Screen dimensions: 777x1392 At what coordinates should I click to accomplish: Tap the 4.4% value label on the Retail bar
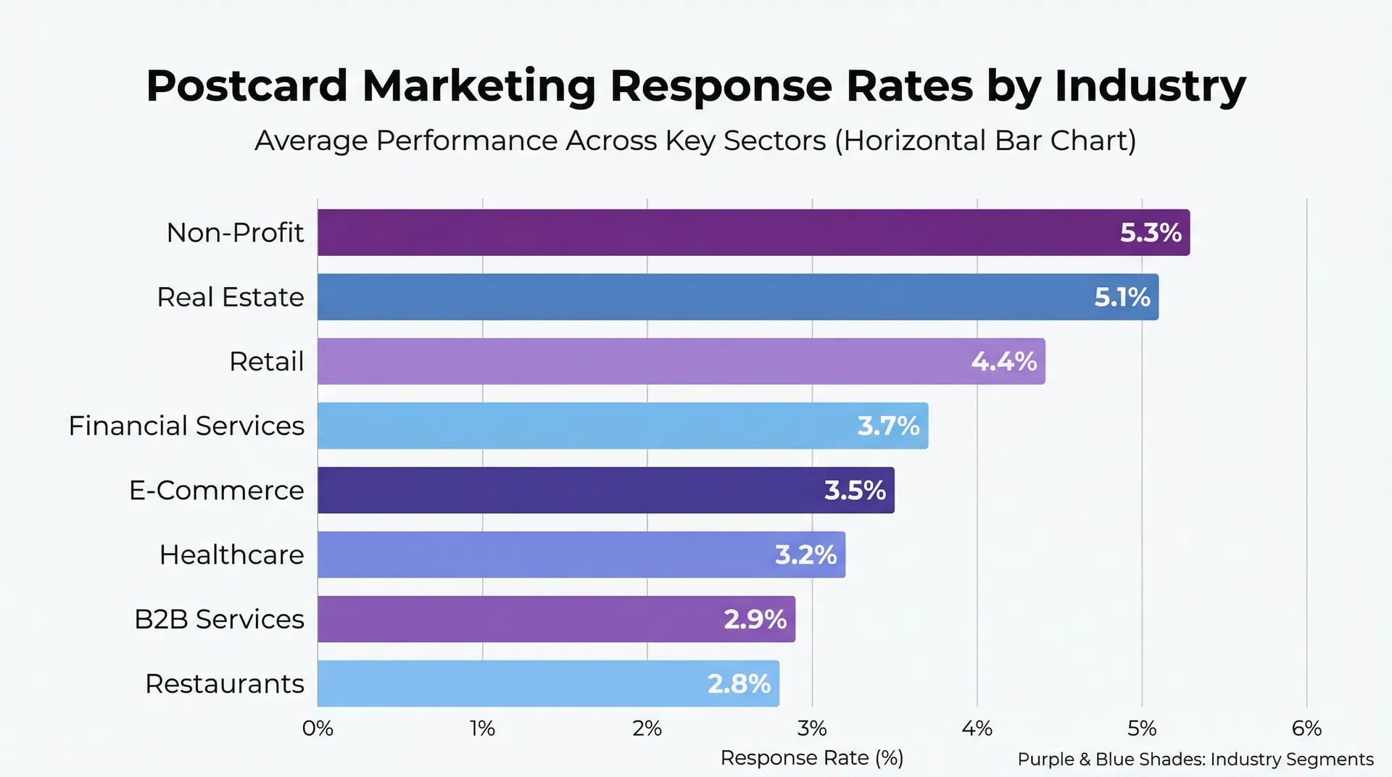[x=1004, y=361]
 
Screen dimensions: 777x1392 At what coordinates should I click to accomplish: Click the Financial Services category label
[x=186, y=425]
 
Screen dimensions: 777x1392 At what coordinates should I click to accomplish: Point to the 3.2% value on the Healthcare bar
[x=805, y=554]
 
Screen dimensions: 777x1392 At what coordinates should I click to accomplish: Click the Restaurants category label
[x=225, y=683]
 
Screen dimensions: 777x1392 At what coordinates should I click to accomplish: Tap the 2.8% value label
[x=739, y=683]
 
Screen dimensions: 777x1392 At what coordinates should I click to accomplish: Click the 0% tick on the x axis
[x=318, y=728]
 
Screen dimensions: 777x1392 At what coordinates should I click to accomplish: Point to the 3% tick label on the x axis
[x=812, y=728]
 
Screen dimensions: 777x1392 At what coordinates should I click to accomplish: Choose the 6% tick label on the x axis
[x=1306, y=728]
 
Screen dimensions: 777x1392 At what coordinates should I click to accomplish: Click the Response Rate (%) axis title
[x=812, y=757]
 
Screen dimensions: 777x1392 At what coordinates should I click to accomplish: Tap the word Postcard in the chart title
[x=247, y=86]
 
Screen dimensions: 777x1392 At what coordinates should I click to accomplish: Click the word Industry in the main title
[x=1150, y=86]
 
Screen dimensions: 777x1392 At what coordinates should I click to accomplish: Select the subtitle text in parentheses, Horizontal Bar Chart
[x=985, y=141]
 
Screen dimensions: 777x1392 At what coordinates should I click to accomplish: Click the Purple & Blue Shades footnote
[x=1196, y=759]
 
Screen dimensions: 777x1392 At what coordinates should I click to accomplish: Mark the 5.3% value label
[x=1151, y=233]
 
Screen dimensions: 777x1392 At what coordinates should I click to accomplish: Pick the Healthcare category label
[x=232, y=554]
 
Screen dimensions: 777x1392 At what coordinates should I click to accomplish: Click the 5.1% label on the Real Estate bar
[x=1122, y=297]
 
